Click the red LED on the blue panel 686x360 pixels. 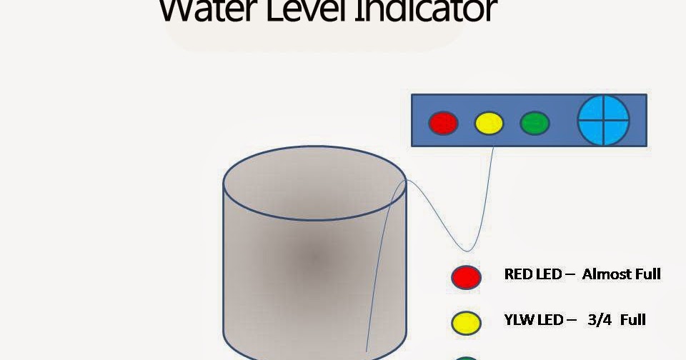click(443, 123)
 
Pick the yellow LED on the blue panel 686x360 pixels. click(489, 123)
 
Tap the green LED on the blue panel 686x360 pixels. click(535, 123)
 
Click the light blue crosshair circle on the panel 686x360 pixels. click(604, 119)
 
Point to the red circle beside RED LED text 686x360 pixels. click(466, 276)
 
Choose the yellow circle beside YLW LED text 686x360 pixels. click(466, 322)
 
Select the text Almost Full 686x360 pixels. click(621, 274)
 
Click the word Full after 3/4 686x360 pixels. click(632, 319)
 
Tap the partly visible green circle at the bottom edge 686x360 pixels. click(466, 356)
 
